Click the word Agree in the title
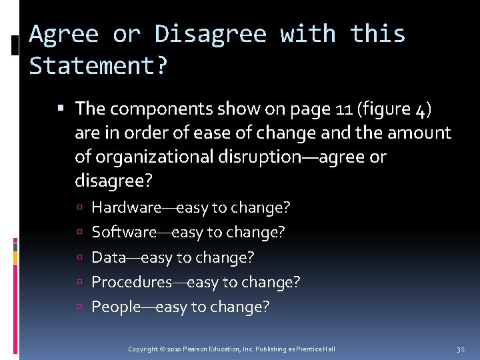coord(63,33)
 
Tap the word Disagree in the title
coord(210,33)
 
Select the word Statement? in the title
coord(99,66)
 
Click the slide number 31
coord(461,349)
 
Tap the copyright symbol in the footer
coord(163,349)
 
